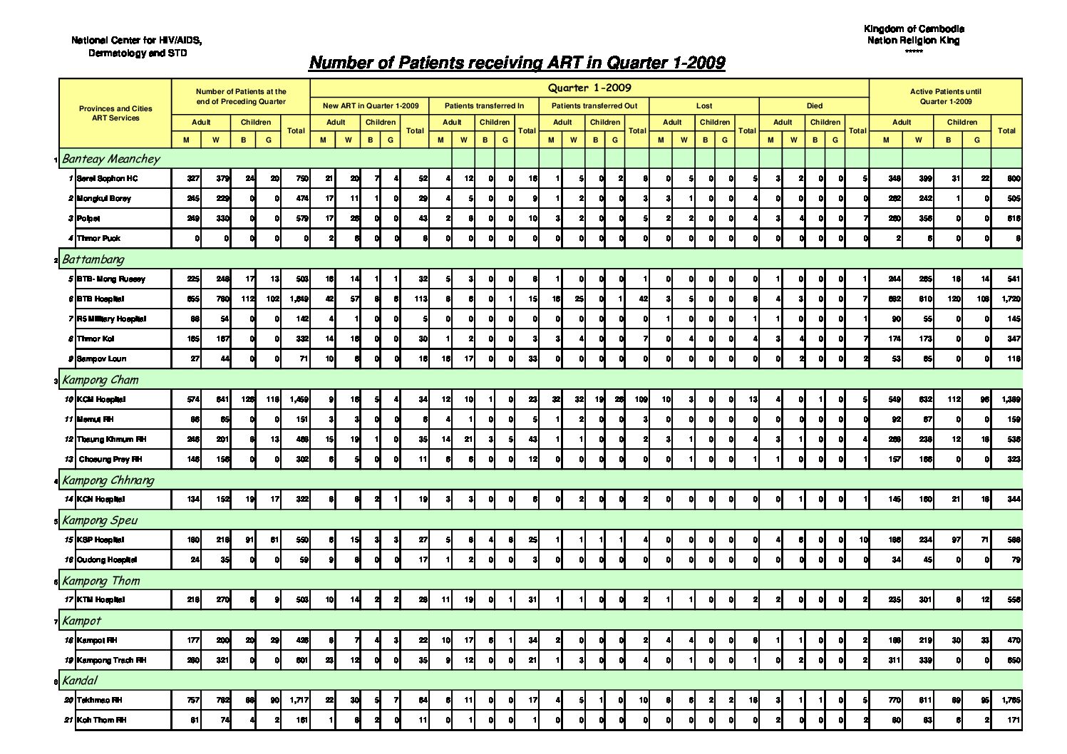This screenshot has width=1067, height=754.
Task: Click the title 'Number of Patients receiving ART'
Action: [517, 63]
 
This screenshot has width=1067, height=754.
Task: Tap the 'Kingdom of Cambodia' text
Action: [914, 29]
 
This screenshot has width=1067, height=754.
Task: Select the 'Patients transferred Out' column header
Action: [594, 105]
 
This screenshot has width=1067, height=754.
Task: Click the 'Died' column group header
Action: [814, 105]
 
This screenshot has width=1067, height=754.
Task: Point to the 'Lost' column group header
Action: [704, 105]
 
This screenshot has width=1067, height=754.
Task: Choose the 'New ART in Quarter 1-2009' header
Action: [371, 105]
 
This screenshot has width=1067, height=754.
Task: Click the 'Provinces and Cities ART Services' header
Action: [115, 113]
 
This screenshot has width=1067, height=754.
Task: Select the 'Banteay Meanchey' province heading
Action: [111, 159]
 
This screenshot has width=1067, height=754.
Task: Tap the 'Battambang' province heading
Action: [93, 259]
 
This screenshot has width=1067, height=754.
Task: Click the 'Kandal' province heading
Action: [80, 681]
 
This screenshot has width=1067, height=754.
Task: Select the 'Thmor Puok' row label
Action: [98, 239]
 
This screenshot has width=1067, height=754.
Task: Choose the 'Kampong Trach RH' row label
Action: [111, 661]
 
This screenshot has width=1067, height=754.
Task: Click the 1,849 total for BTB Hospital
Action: [299, 299]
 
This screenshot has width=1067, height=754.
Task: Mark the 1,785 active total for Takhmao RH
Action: [1010, 701]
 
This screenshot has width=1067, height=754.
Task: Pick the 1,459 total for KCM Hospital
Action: [299, 400]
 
